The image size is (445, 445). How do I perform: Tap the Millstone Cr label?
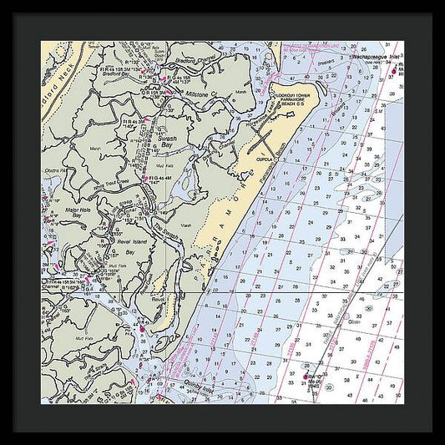[x=200, y=94]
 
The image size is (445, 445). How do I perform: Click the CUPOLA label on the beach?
[x=265, y=156]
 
